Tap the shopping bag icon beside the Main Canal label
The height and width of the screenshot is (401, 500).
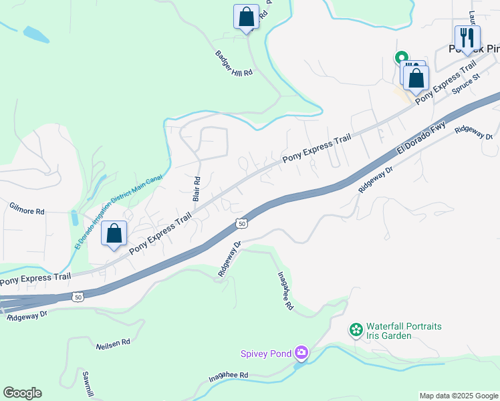coord(114,234)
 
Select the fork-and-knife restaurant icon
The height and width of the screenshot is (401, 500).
coord(467,37)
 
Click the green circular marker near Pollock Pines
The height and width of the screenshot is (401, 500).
coord(401,57)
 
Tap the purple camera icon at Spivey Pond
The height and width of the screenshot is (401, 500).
coord(301,352)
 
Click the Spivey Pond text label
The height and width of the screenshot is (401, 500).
coord(267,353)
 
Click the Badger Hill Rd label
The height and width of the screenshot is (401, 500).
coord(234,64)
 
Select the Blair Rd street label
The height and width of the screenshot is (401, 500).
coord(197,189)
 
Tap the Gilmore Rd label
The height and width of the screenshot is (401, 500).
coord(27,211)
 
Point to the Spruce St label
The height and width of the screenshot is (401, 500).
coord(466,84)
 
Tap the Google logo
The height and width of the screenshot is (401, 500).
coord(22,393)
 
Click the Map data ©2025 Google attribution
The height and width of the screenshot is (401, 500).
coord(459,396)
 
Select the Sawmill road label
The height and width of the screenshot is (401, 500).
coord(88,383)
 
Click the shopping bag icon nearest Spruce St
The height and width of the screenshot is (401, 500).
coord(416,78)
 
